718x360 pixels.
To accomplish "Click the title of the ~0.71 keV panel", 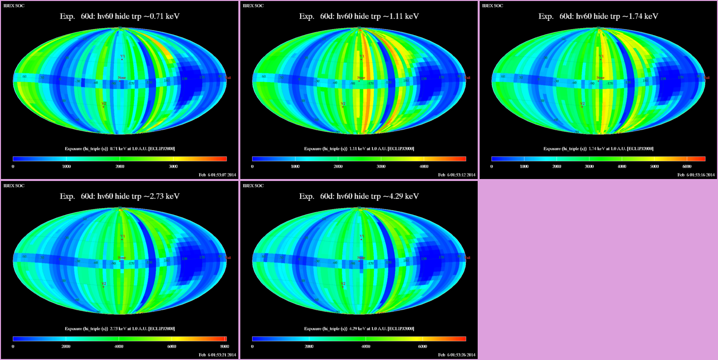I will click(x=119, y=16).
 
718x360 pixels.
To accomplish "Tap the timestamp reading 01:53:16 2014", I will click(x=696, y=175).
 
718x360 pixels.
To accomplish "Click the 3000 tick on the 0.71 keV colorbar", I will click(x=173, y=167).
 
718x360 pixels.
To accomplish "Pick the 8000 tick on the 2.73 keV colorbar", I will click(x=224, y=347).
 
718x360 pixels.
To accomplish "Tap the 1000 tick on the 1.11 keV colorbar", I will click(x=294, y=167).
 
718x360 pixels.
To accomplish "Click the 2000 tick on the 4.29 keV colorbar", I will click(x=309, y=347).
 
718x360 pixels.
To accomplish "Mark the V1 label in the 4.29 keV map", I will click(x=361, y=237).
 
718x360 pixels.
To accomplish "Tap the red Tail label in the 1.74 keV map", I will click(x=707, y=78).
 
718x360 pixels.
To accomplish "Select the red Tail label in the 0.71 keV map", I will click(x=228, y=78).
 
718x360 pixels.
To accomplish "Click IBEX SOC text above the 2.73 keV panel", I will click(x=14, y=186).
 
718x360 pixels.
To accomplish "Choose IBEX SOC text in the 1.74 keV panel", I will click(x=493, y=6).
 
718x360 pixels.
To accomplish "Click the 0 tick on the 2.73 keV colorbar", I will click(x=13, y=347).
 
